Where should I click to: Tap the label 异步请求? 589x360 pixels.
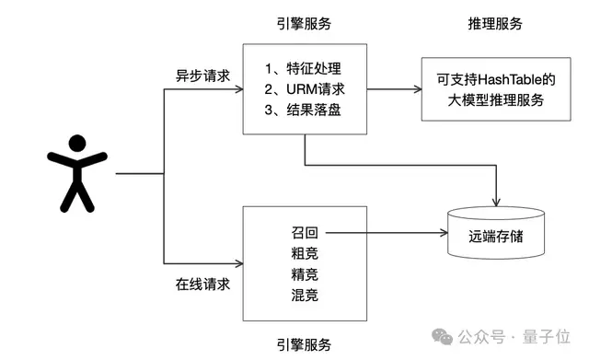click(x=202, y=74)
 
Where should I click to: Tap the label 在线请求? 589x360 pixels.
click(x=202, y=283)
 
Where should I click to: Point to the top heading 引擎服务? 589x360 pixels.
click(x=304, y=23)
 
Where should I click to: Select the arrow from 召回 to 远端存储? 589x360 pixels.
click(x=387, y=235)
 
